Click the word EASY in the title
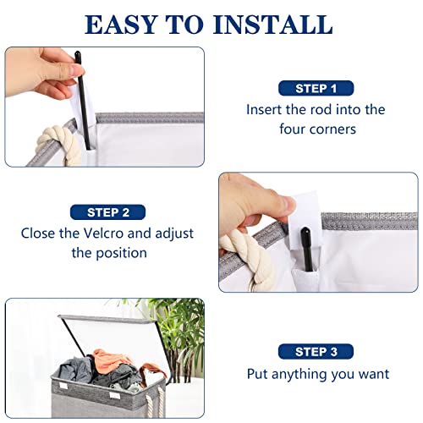coord(121,25)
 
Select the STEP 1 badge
coord(316,88)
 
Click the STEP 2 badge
coord(108,212)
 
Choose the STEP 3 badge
coord(316,352)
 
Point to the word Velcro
coord(104,233)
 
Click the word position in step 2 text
coord(121,253)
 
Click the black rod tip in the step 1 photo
coord(78,55)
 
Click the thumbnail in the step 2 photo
coord(288,205)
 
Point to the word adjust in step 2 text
coord(174,234)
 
